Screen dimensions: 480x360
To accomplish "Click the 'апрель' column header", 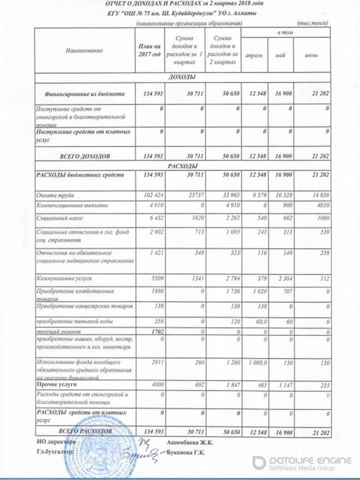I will [x=254, y=55].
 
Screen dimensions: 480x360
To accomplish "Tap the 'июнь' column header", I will [x=311, y=55].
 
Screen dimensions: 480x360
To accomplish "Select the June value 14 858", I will [x=321, y=195].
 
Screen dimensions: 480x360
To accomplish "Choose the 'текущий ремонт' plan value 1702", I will [x=153, y=332].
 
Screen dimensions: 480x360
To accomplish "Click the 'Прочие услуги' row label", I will [x=56, y=384].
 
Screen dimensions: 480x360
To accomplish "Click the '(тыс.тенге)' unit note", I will [x=313, y=24].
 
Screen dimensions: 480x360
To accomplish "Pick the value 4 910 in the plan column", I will [x=152, y=206].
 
